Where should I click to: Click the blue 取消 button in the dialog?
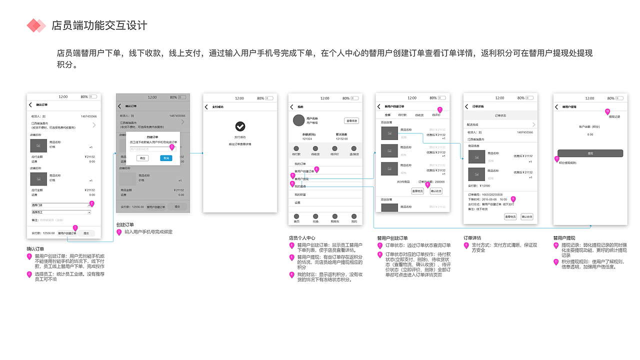(166, 158)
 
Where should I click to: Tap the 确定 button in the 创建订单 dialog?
(143, 158)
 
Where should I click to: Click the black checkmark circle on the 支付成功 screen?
(240, 126)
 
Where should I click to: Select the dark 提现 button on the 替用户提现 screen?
(590, 153)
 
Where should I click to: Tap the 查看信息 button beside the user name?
(351, 121)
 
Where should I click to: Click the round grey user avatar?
(298, 120)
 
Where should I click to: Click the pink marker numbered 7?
(439, 109)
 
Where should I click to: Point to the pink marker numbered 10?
(607, 111)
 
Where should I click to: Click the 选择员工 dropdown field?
(61, 212)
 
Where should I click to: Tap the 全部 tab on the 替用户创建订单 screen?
(387, 115)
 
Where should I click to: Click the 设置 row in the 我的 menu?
(297, 203)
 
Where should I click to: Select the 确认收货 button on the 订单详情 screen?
(526, 216)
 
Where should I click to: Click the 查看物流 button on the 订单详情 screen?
(510, 216)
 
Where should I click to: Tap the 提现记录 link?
(614, 116)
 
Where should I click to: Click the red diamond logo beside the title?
(36, 25)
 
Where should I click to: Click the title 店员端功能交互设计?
(99, 25)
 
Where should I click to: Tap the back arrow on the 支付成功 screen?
(206, 107)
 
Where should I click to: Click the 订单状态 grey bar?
(500, 115)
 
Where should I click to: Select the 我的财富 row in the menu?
(300, 194)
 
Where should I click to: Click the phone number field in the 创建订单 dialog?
(146, 149)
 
